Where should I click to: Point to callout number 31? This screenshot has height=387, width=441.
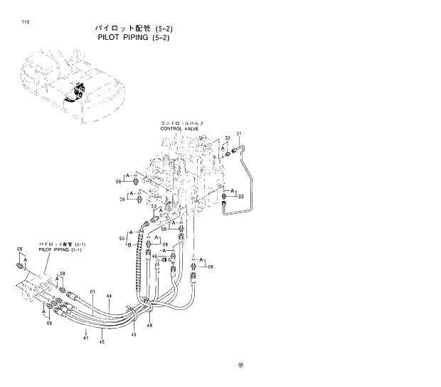239,134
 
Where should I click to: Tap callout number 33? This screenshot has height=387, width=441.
241,196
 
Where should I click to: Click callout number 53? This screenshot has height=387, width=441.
153,207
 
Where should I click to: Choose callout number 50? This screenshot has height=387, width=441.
122,237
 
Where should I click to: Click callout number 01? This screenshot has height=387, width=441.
92,290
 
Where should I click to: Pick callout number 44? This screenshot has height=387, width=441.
109,295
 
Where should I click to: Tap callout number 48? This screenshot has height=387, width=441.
149,325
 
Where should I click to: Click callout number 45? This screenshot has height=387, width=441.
102,341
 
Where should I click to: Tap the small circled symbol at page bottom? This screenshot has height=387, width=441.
240,367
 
